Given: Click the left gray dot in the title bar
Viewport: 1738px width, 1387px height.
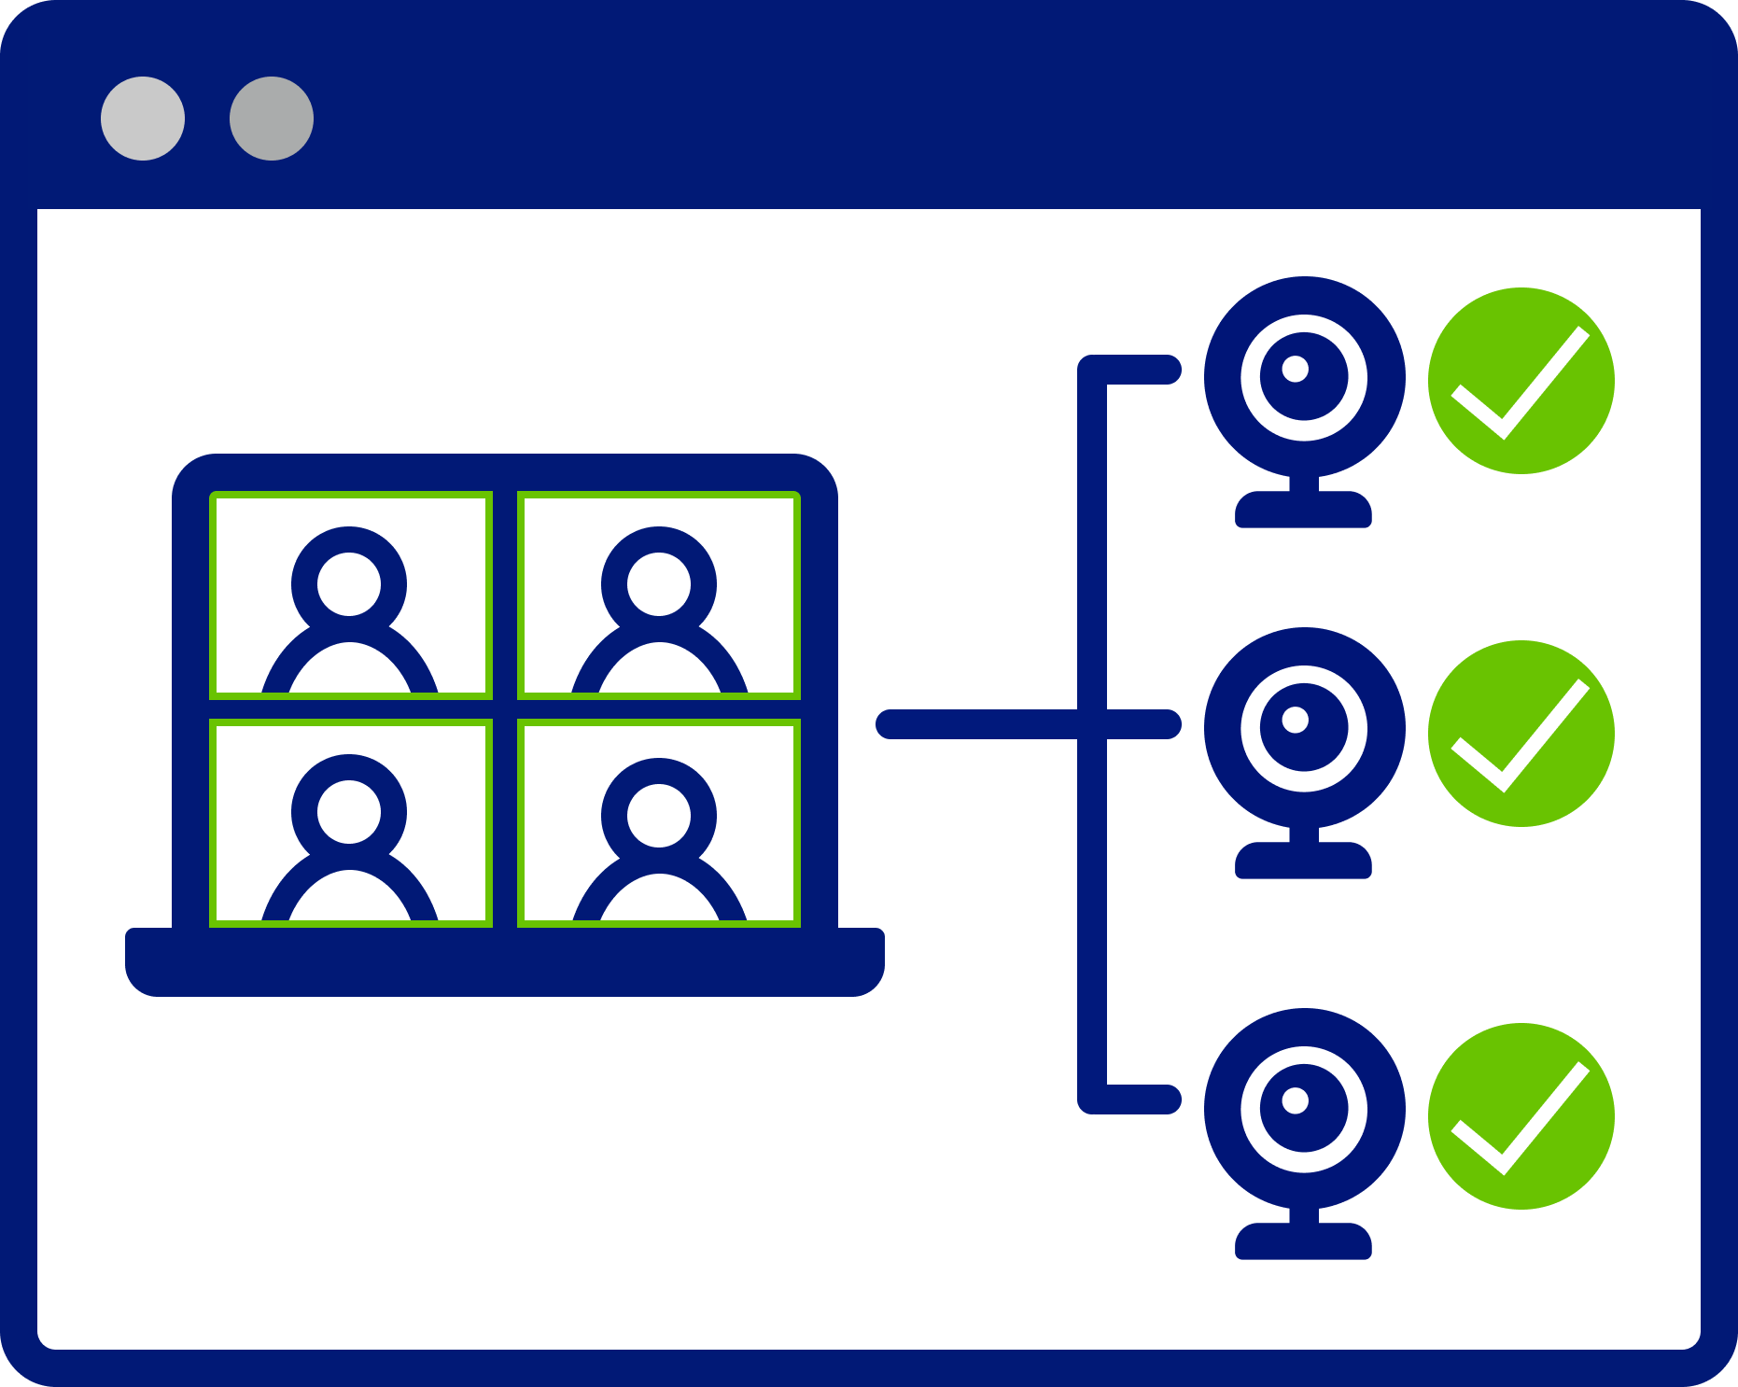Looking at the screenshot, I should (x=143, y=119).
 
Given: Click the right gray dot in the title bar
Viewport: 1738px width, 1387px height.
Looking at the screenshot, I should (x=272, y=119).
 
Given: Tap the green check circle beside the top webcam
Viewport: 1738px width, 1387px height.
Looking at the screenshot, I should (x=1521, y=381).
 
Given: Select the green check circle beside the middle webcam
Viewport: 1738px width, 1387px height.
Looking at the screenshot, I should (x=1521, y=734).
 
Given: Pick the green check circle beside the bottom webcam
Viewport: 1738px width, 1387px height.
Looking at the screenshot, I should (x=1521, y=1116).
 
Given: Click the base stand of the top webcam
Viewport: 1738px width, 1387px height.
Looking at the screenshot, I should (x=1303, y=511).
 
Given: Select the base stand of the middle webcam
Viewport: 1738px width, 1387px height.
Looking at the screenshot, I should (x=1303, y=862).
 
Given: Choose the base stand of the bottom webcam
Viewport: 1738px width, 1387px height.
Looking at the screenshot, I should (x=1303, y=1242).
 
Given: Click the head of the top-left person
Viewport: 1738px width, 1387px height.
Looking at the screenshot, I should (x=349, y=583).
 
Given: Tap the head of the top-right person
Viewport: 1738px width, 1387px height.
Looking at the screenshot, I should (x=659, y=583).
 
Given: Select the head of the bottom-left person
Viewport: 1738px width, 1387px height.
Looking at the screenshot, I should (x=349, y=811).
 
